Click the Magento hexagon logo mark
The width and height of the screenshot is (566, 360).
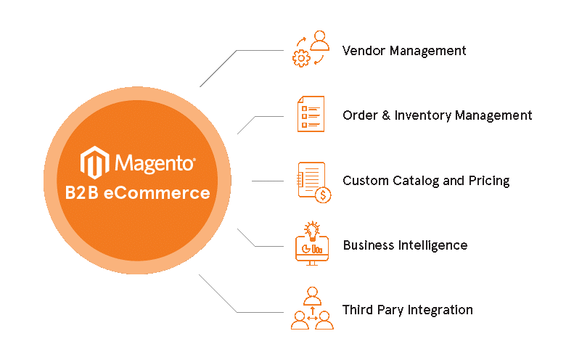pyautogui.click(x=94, y=162)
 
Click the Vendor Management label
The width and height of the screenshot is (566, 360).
pyautogui.click(x=404, y=51)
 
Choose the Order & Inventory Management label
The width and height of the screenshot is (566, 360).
pyautogui.click(x=437, y=115)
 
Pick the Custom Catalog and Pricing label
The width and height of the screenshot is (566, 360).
pyautogui.click(x=426, y=181)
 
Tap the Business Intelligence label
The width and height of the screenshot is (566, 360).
pyautogui.click(x=405, y=245)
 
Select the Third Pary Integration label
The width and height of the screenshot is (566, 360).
pyautogui.click(x=407, y=310)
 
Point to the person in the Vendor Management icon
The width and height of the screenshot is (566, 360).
pyautogui.click(x=321, y=41)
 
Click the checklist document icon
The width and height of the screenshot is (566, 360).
pyautogui.click(x=311, y=114)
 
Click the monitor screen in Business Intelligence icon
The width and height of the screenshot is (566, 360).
pyautogui.click(x=312, y=247)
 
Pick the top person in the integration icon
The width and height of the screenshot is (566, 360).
pyautogui.click(x=313, y=295)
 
